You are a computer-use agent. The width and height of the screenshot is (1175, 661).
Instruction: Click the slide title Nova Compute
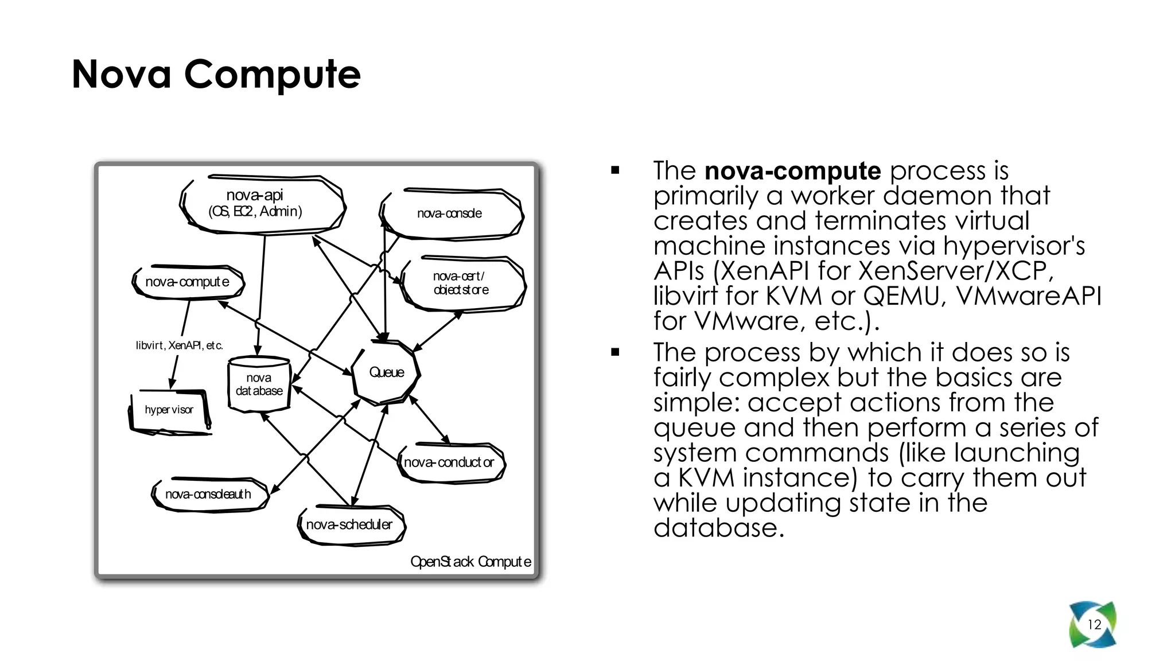[216, 74]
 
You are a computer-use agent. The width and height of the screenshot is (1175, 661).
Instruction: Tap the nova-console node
[450, 213]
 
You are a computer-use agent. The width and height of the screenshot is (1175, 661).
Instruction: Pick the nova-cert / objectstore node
[461, 283]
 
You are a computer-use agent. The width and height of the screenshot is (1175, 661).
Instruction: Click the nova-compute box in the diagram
[188, 282]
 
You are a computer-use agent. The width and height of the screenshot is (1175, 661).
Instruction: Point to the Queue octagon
[387, 372]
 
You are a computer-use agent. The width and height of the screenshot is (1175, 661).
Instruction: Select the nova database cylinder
[259, 384]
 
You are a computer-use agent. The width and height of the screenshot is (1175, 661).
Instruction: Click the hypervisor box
[169, 410]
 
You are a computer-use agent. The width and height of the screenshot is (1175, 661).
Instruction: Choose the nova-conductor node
[449, 462]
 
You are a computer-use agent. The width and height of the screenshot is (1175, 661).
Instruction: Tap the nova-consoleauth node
[208, 494]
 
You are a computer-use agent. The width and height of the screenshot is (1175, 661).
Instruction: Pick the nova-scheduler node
[349, 524]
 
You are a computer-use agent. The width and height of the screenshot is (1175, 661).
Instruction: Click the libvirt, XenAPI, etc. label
[179, 345]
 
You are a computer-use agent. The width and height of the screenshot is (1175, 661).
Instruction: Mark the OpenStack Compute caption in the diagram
[470, 561]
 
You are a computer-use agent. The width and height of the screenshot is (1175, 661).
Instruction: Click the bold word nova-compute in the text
[792, 171]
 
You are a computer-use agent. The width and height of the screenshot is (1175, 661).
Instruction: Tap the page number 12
[1094, 624]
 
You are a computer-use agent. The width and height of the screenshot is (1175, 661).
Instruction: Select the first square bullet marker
[615, 170]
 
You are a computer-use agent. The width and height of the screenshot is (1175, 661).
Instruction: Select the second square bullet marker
[615, 352]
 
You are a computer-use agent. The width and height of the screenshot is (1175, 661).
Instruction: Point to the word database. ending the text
[718, 528]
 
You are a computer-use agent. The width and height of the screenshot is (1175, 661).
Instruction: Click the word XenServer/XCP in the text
[952, 271]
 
